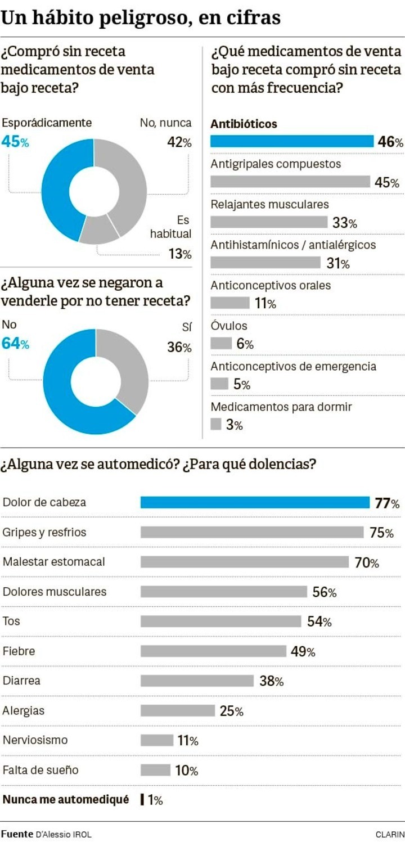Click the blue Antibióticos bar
(292, 141)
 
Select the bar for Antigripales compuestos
(290, 182)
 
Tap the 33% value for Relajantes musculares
(344, 223)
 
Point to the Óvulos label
(229, 326)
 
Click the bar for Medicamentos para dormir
(216, 425)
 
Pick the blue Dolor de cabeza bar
(255, 502)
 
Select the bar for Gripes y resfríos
(252, 532)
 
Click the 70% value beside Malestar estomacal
(367, 562)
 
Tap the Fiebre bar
(213, 651)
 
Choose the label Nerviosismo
(35, 740)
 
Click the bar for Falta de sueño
(155, 770)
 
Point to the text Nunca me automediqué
(66, 799)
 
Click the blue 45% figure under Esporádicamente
(15, 142)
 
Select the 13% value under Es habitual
(180, 254)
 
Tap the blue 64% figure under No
(15, 344)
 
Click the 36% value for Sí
(179, 347)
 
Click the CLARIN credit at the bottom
(390, 834)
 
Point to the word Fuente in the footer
(16, 834)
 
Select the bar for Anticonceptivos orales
(229, 303)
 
